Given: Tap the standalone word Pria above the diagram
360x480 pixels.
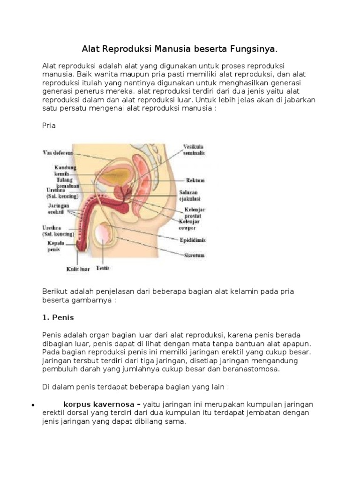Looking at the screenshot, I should point(49,126).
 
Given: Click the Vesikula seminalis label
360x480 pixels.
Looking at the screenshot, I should point(193,150).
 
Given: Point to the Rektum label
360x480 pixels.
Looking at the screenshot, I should point(195,180).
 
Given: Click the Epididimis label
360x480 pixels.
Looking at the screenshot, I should point(193,240).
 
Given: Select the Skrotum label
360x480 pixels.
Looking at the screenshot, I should point(193,256).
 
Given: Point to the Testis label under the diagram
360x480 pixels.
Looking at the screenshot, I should point(103,268).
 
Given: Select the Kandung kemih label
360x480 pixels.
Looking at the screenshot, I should point(65,170).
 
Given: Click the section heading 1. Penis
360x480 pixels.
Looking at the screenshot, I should point(58,317).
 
